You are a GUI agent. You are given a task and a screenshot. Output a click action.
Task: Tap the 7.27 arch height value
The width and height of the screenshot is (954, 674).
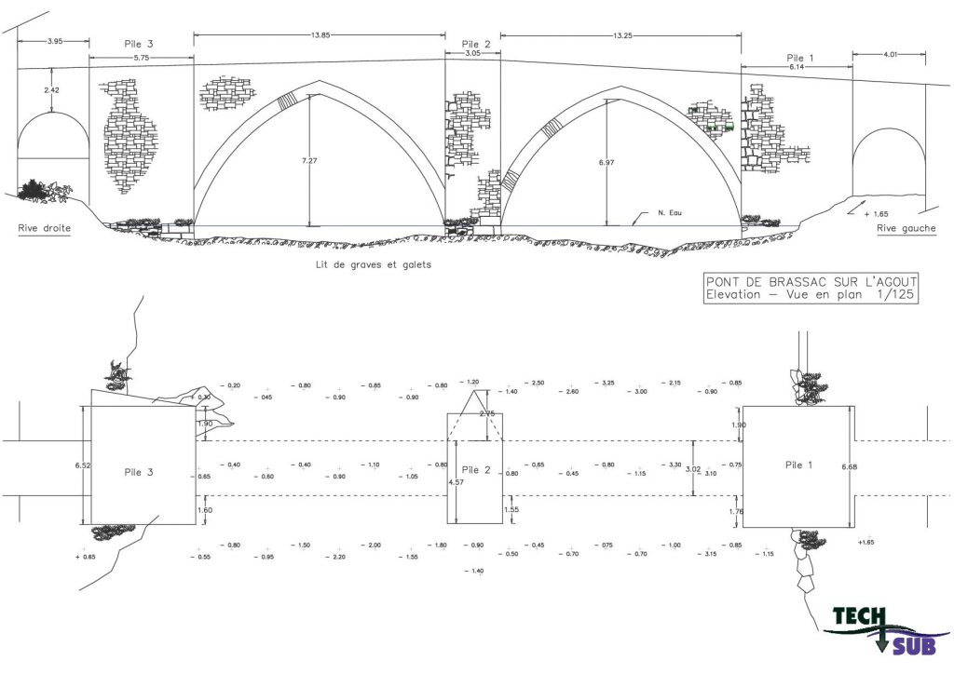click(x=309, y=161)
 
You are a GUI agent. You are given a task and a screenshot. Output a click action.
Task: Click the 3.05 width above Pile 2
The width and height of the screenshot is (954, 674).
click(x=472, y=54)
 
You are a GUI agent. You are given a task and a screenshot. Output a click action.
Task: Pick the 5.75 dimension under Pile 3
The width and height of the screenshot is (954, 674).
click(x=143, y=58)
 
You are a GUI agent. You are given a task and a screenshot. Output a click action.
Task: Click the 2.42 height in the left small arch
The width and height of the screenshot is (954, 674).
click(x=52, y=90)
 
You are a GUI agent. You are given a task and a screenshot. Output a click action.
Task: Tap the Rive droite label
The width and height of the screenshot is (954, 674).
click(x=44, y=227)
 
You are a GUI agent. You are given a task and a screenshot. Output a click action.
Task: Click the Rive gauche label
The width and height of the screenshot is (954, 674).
click(x=906, y=228)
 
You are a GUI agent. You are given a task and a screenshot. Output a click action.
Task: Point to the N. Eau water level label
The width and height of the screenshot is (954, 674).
click(x=670, y=213)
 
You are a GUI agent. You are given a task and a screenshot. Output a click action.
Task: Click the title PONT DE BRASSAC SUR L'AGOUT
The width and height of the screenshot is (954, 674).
click(x=811, y=282)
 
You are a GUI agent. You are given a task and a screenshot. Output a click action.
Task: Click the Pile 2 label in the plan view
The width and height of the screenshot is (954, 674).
click(x=475, y=470)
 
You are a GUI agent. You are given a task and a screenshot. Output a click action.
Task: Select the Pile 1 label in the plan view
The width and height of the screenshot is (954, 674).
click(x=798, y=464)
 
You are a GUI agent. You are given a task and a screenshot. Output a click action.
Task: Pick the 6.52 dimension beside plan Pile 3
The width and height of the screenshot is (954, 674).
click(x=84, y=465)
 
